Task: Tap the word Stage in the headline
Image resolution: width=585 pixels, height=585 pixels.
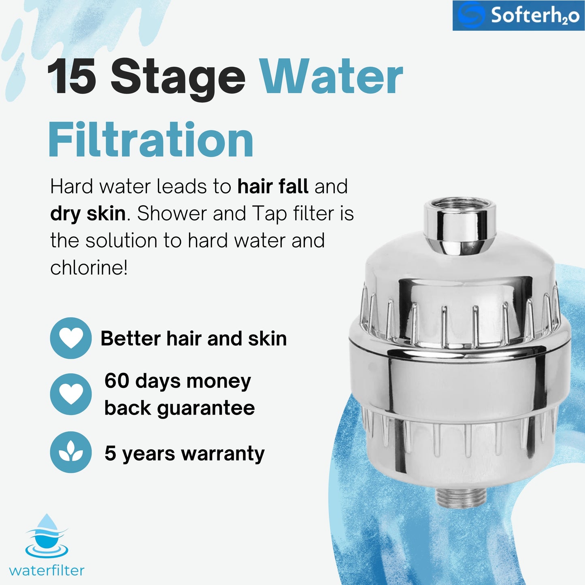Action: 178,79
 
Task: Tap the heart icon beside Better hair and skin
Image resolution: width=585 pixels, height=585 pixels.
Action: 71,338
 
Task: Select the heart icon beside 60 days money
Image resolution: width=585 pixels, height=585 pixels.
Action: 71,394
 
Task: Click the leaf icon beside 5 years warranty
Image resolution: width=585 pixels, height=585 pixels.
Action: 71,452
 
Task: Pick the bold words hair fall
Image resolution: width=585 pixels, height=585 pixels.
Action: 273,186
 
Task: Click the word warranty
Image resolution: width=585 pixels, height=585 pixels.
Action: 223,454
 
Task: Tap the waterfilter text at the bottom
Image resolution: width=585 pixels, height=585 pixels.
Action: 47,571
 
